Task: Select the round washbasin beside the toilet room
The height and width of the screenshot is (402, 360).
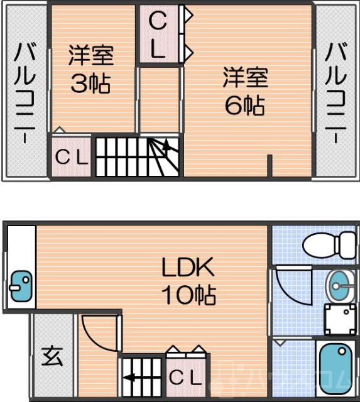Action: point(342,288)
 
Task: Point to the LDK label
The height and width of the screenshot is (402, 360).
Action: point(188,269)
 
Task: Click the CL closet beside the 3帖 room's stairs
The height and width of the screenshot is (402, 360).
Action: point(72,157)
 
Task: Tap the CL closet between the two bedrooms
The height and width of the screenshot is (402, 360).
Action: point(158,36)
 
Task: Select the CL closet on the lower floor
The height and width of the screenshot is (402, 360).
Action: point(187,378)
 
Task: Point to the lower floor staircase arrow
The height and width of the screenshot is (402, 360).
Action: point(131,378)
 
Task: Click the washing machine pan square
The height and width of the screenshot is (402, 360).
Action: point(340,320)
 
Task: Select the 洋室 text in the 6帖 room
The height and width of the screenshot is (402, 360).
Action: point(244,78)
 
